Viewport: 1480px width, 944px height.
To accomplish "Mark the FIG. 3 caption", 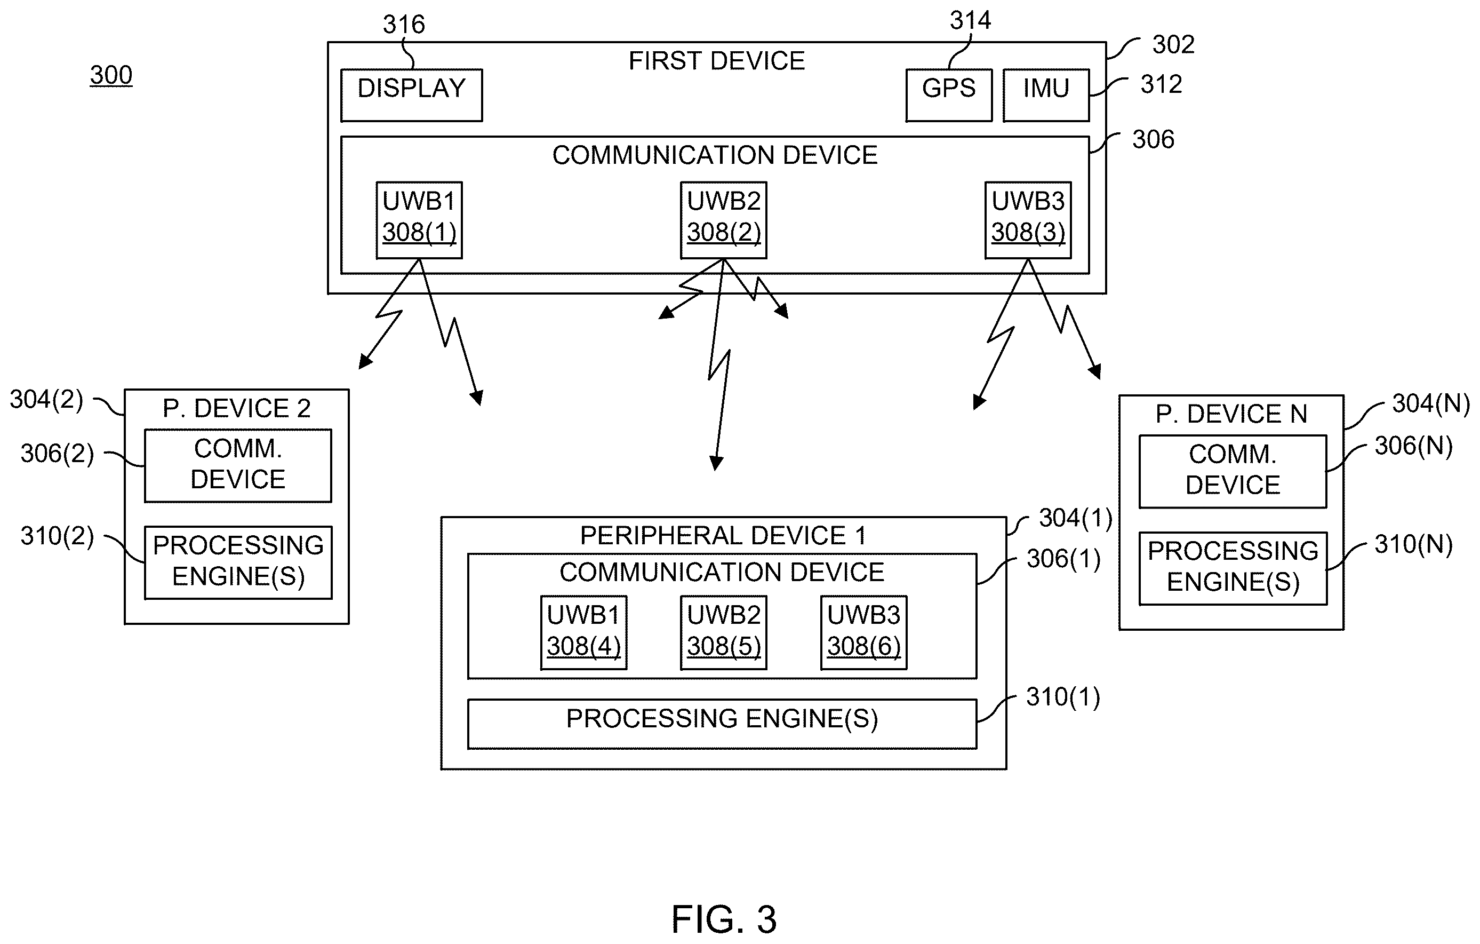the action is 724,919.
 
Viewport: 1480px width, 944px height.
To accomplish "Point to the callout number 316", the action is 404,25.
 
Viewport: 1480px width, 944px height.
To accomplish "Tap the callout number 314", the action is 971,20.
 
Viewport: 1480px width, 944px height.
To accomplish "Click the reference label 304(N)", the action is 1431,404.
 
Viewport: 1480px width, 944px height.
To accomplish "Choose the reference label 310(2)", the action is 57,536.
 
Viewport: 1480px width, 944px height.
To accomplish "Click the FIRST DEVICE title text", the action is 717,61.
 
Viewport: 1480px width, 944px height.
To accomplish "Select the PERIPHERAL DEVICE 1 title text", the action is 723,536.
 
